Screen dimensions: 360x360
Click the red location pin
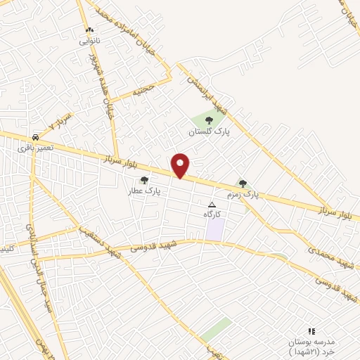(x=181, y=165)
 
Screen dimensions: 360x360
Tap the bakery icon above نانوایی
(x=89, y=31)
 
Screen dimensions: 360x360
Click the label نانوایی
(x=89, y=41)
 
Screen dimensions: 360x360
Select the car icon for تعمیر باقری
(x=35, y=137)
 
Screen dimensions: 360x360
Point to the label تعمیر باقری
(x=35, y=148)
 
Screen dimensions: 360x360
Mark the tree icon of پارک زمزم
(x=243, y=184)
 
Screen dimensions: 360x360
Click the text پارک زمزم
(x=243, y=193)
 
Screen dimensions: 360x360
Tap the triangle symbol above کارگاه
(x=212, y=204)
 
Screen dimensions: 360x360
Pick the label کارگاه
(x=212, y=213)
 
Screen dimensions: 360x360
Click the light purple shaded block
(x=215, y=229)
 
